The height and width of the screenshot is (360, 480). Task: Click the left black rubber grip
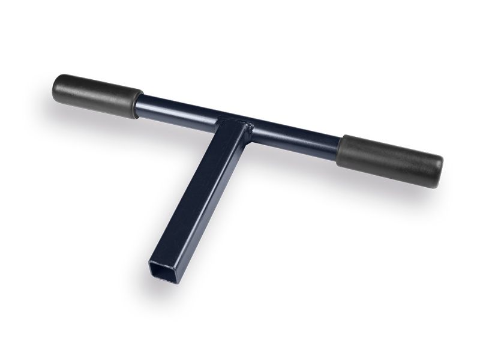point(97,96)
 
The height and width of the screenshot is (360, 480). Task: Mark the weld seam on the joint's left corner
point(217,119)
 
